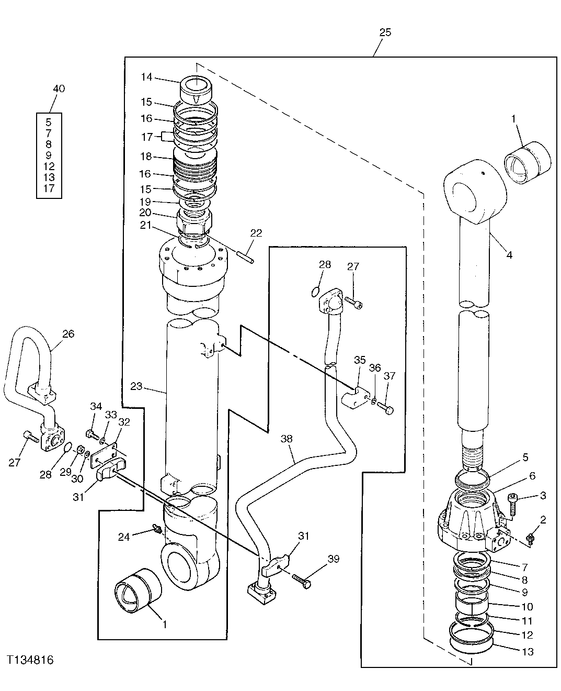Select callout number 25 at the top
pyautogui.click(x=384, y=32)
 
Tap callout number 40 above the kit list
pyautogui.click(x=59, y=88)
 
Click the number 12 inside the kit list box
pyautogui.click(x=49, y=166)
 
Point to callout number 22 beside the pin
pyautogui.click(x=256, y=233)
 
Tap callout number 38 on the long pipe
pyautogui.click(x=287, y=439)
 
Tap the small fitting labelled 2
pyautogui.click(x=530, y=537)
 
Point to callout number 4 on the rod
pyautogui.click(x=509, y=255)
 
